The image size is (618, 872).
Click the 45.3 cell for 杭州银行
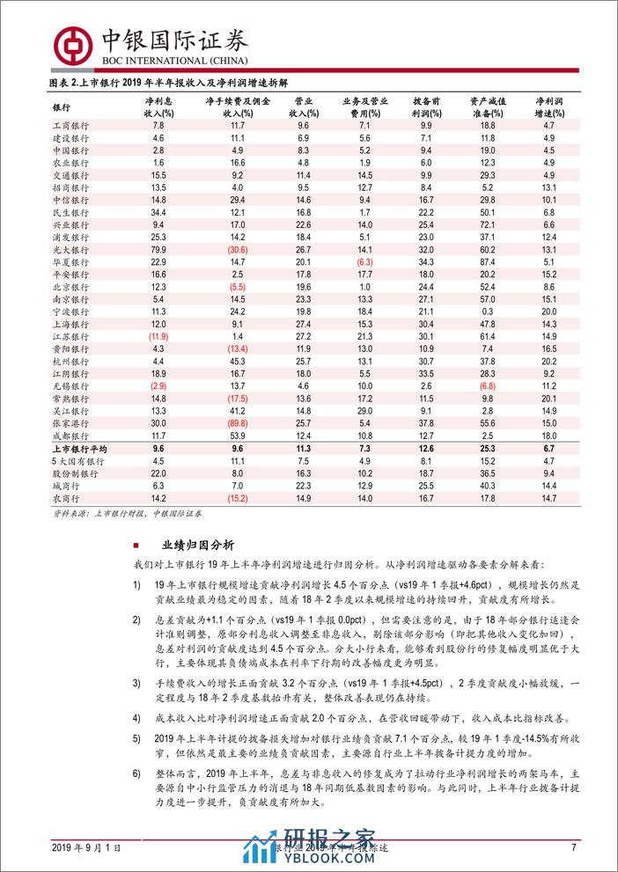coord(238,361)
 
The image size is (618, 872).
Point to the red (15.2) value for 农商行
coord(238,498)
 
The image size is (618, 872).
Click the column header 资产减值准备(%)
coord(488,107)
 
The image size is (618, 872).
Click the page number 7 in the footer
coord(573,847)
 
